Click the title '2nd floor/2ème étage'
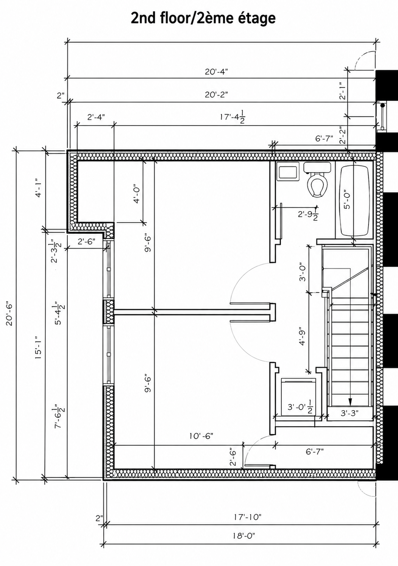point(203,18)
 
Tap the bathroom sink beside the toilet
point(288,172)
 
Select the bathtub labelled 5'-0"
point(355,201)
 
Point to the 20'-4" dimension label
point(216,72)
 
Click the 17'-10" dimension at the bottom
point(247,517)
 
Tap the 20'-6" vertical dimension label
point(10,313)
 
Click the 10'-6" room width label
point(201,436)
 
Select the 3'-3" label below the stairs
point(349,413)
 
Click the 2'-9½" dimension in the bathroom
point(307,215)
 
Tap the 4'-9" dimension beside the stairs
point(302,336)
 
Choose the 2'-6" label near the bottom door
point(233,457)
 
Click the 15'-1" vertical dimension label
point(38,347)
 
